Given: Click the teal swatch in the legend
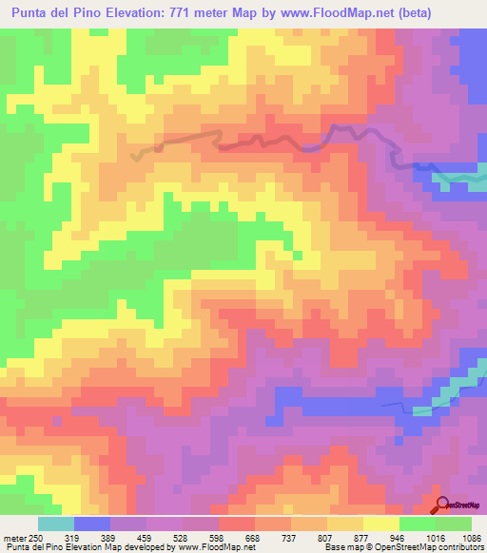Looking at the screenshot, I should (x=56, y=524).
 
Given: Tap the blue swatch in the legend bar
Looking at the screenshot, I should (x=92, y=524).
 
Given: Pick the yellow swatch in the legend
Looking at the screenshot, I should (x=380, y=524).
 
